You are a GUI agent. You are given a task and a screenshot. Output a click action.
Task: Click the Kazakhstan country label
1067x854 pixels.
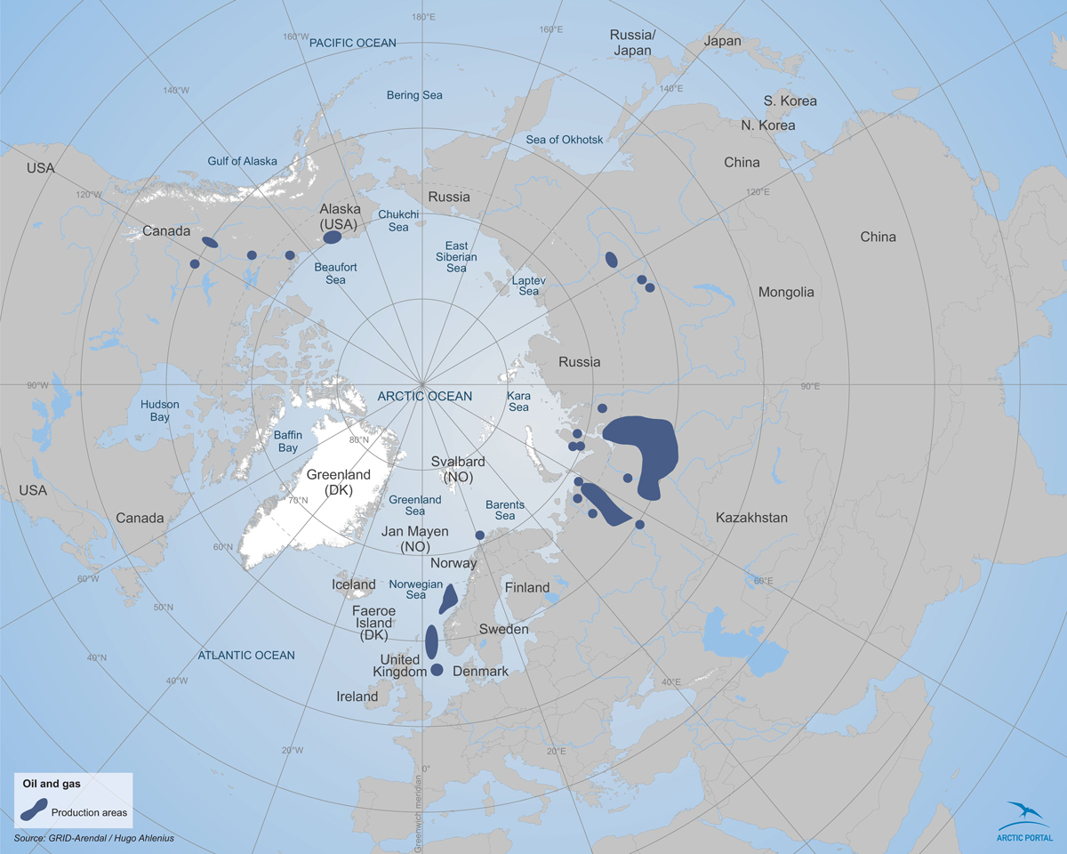tap(751, 517)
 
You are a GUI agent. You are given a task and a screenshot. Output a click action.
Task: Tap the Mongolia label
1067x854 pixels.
tap(786, 292)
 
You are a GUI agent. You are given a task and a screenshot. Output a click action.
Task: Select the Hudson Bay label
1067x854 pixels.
tap(160, 410)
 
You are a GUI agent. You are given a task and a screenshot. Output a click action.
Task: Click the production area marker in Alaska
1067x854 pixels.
tap(332, 238)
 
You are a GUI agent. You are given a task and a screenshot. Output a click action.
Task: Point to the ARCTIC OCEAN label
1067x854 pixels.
tap(425, 396)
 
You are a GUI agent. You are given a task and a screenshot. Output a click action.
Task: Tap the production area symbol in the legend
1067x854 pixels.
tap(34, 810)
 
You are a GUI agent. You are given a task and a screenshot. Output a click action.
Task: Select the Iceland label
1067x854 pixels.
tap(354, 584)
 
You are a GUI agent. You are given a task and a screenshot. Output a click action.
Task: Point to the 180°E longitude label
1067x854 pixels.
tap(424, 17)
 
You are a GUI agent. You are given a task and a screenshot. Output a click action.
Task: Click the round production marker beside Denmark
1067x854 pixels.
tap(437, 670)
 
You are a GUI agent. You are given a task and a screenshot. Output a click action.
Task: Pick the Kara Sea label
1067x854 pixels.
tap(517, 401)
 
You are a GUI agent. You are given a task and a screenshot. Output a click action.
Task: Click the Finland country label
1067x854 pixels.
tap(527, 587)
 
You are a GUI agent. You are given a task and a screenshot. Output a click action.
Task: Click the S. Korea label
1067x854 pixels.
tap(790, 101)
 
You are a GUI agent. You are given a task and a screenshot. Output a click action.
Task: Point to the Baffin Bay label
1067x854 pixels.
tap(277, 441)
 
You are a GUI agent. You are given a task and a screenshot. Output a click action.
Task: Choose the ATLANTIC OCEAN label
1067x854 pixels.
tap(246, 656)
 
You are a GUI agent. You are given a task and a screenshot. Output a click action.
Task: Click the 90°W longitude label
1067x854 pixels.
tap(38, 385)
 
